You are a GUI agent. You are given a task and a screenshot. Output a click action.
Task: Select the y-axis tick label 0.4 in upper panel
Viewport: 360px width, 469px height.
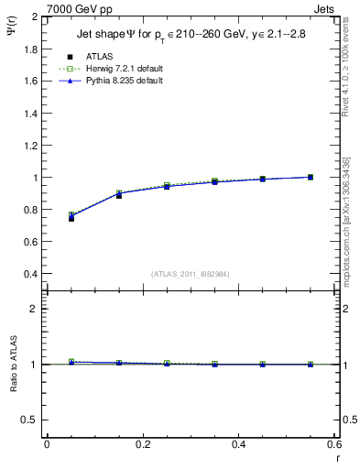coord(31,274)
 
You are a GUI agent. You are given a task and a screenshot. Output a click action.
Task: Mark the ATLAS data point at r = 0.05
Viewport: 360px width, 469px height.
coord(71,218)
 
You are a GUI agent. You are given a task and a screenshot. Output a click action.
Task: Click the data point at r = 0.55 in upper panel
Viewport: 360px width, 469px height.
coord(310,177)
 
